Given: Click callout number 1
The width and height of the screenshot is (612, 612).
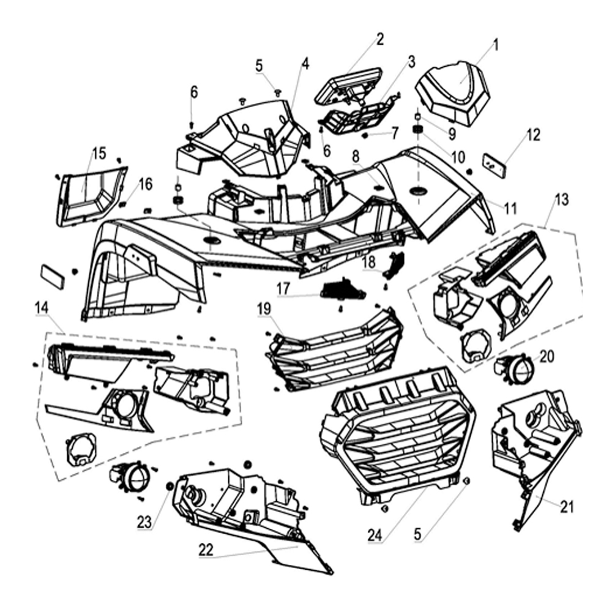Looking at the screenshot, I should (496, 44).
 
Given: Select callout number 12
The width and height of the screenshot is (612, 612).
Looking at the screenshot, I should (533, 135).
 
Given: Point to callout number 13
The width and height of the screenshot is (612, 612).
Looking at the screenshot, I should (561, 200).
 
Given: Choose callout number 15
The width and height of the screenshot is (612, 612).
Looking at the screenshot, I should (99, 153).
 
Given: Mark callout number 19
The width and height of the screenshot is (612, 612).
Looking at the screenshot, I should (264, 309).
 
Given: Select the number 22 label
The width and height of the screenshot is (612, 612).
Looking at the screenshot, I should (206, 549).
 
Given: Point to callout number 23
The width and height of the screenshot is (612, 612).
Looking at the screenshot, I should (144, 522).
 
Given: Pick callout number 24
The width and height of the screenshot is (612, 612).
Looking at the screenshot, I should (375, 534).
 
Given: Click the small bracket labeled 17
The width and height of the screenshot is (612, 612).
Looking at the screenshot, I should (343, 289).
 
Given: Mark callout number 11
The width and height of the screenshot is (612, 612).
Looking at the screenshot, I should (510, 208).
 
